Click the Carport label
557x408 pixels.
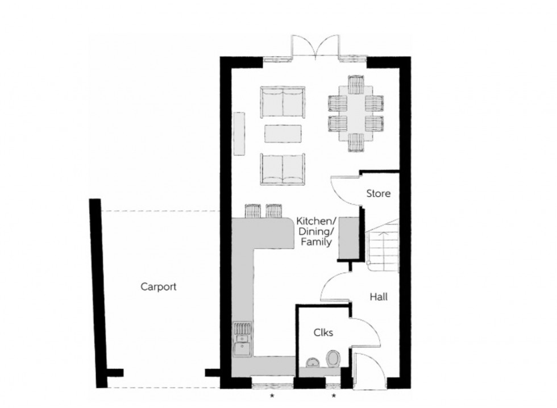point(158,286)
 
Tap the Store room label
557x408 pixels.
point(378,193)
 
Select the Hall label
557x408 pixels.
point(379,297)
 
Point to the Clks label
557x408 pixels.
point(323,333)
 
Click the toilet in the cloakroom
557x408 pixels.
point(332,359)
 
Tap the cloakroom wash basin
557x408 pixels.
point(311,362)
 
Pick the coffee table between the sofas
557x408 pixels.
point(282,134)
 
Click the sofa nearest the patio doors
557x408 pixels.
point(282,102)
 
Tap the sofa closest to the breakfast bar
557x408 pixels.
point(282,168)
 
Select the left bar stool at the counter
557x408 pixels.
point(252,211)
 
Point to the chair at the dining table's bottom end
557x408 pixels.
point(356,143)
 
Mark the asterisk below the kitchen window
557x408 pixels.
point(272,395)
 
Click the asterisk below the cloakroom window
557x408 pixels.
point(334,395)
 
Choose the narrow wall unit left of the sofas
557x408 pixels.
point(239,133)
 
